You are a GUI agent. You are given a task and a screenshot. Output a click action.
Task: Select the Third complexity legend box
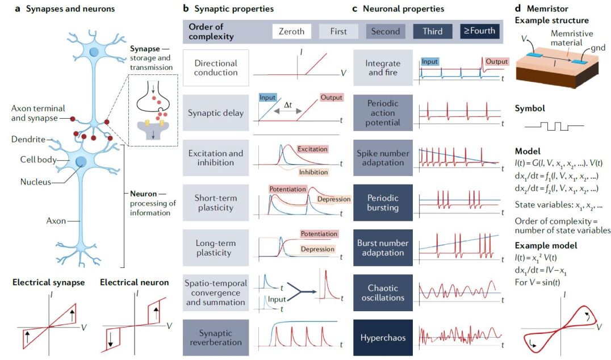pyautogui.click(x=433, y=31)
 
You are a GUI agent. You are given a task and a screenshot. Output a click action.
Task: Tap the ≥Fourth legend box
pyautogui.click(x=479, y=31)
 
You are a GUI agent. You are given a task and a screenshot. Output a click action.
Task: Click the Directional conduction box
pyautogui.click(x=216, y=68)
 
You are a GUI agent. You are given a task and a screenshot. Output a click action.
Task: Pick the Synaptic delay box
pyautogui.click(x=216, y=113)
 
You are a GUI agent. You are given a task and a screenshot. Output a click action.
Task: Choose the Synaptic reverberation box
pyautogui.click(x=216, y=338)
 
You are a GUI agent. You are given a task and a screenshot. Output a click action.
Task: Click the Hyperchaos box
pyautogui.click(x=383, y=338)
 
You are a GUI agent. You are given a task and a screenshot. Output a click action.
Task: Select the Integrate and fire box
pyautogui.click(x=383, y=68)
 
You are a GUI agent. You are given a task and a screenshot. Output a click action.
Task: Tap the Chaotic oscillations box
pyautogui.click(x=383, y=293)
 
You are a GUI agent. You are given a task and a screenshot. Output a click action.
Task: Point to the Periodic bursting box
pyautogui.click(x=383, y=203)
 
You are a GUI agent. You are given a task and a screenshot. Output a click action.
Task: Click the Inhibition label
pyautogui.click(x=313, y=171)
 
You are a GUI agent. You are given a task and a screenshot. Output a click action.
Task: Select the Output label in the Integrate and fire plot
pyautogui.click(x=496, y=61)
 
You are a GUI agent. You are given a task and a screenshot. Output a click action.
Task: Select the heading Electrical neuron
pyautogui.click(x=134, y=282)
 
